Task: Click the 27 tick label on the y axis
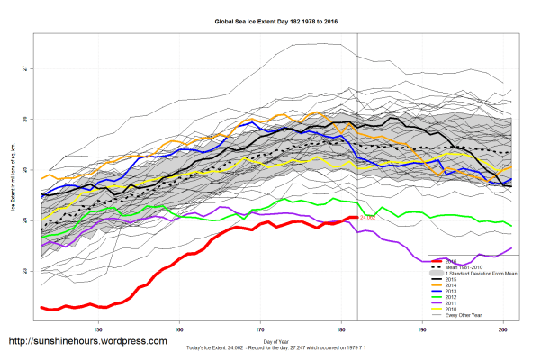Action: tap(26, 68)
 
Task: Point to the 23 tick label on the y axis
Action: tap(26, 271)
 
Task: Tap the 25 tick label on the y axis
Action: tap(26, 169)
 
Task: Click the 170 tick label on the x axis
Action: tap(261, 329)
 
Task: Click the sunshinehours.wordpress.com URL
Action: tap(87, 342)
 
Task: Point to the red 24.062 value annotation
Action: tap(368, 218)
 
